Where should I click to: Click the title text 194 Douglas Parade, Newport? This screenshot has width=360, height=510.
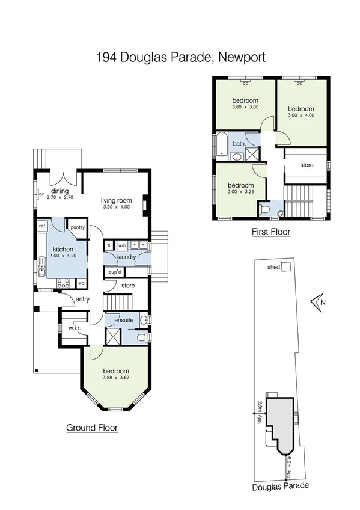coord(180,58)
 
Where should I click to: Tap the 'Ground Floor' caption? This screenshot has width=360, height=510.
coord(91,428)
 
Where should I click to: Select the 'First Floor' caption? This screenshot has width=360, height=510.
coord(270,231)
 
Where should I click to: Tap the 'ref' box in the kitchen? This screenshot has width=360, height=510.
coord(42,226)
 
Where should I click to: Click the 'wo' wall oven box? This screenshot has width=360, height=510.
coord(82,283)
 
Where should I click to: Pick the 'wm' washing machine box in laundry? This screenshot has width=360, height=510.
coord(121,245)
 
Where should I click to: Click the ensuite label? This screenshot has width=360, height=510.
coord(123,320)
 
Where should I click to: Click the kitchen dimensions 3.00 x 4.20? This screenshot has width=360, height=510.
coord(63,257)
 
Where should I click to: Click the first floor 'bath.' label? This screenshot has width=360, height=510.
coord(239,144)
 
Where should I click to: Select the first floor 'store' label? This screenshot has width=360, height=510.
coord(307,165)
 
